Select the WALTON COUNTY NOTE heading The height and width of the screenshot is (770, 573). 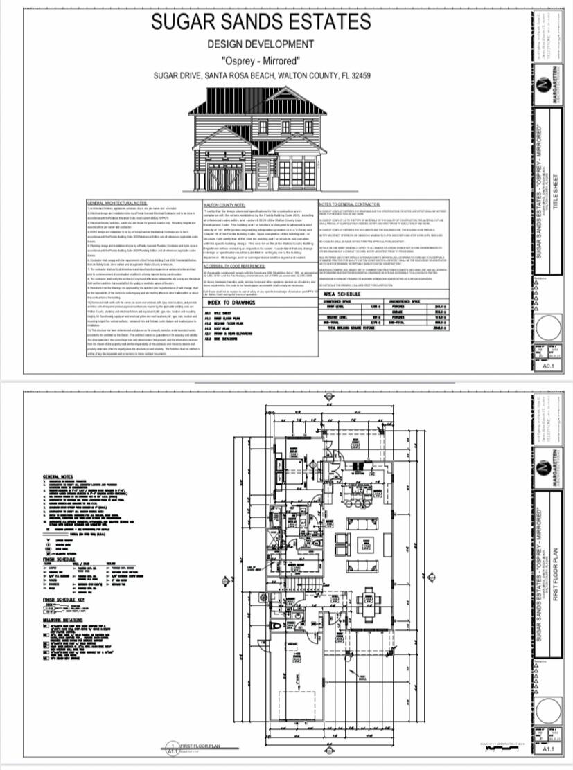(x=225, y=205)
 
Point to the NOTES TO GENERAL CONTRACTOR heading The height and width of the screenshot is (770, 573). (x=350, y=204)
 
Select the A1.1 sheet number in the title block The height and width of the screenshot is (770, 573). (x=547, y=749)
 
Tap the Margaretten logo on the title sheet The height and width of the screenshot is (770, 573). (x=547, y=82)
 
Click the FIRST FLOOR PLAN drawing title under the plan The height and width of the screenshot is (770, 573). (x=201, y=745)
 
